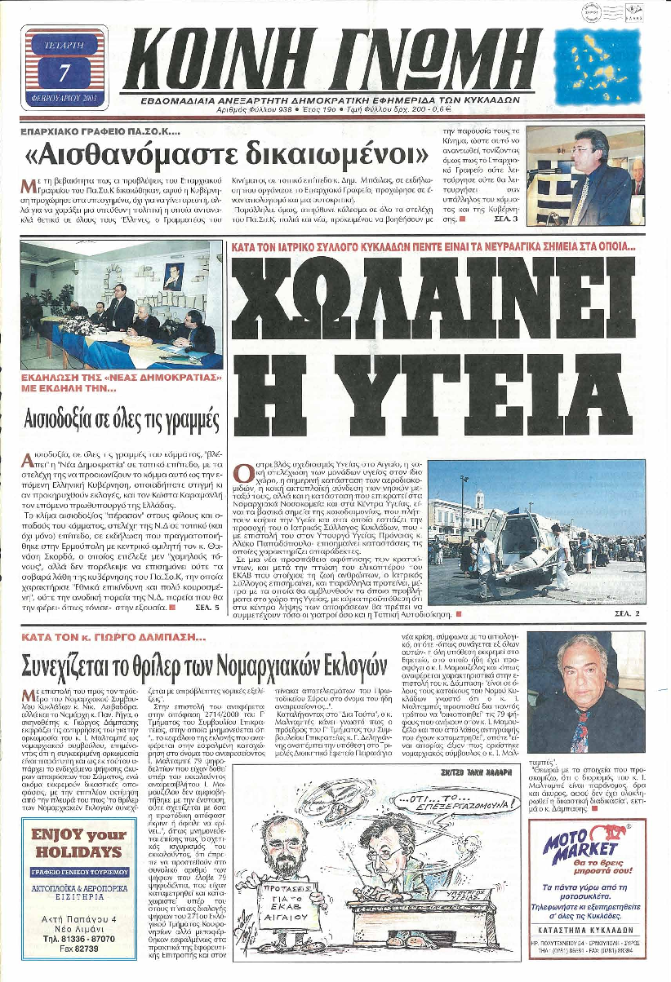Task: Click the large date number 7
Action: (64, 73)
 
